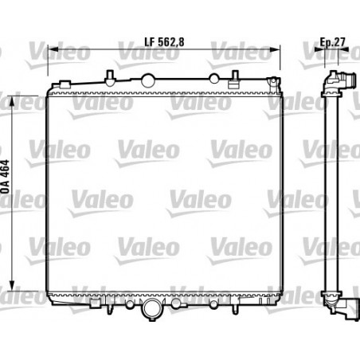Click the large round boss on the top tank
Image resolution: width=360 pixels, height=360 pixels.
(x=148, y=80)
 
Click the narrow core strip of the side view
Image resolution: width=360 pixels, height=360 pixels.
(x=326, y=191)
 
